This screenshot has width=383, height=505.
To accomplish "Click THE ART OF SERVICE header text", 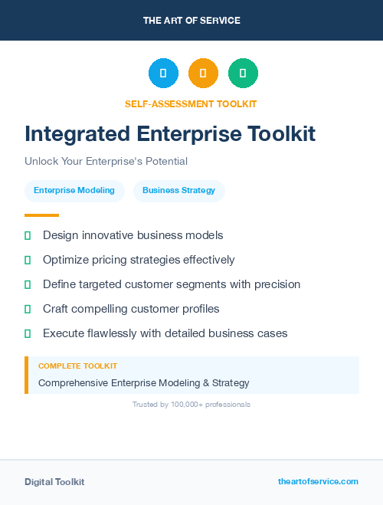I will (x=191, y=21).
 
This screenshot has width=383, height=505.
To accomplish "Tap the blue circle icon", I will (x=163, y=73).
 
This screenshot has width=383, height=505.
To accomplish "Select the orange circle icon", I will (x=203, y=73).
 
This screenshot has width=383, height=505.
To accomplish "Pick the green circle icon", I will (x=243, y=73).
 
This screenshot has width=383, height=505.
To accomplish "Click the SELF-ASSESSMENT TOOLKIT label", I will (x=191, y=103).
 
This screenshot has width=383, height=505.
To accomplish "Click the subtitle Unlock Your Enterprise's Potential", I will (x=106, y=162).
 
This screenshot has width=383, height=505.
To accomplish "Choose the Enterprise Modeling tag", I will (x=74, y=191).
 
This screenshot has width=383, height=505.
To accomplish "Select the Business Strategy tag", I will (x=178, y=191).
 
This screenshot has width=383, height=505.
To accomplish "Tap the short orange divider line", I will (x=41, y=215).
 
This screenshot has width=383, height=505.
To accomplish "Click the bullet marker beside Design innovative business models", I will (x=28, y=235).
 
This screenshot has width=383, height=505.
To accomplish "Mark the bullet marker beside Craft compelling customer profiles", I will (x=28, y=309).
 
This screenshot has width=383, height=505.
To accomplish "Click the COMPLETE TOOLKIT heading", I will (x=77, y=366).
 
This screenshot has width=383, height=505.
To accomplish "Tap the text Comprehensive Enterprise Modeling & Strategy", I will (x=144, y=382).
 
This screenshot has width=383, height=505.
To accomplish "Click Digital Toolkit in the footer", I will (x=54, y=482).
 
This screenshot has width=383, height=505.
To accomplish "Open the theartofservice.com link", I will (x=318, y=481).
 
